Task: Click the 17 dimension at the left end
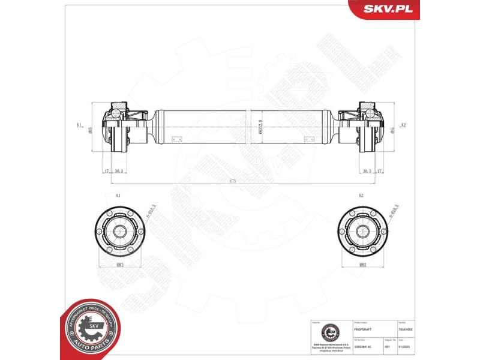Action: point(106,171)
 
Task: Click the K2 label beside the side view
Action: point(404,125)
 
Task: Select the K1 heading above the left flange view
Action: point(118,196)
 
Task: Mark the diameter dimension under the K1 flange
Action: point(120,265)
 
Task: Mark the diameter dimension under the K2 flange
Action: point(362,265)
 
